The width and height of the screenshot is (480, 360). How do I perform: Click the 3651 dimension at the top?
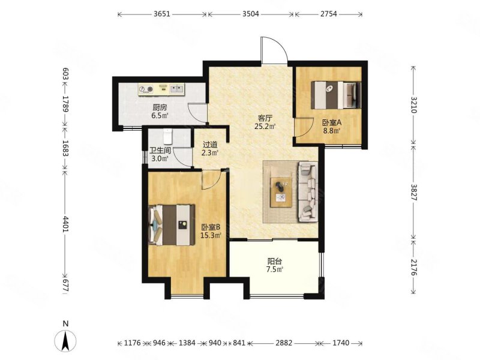tap(161, 14)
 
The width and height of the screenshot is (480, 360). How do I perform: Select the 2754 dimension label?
tap(328, 14)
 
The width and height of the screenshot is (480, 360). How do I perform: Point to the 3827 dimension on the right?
tap(413, 192)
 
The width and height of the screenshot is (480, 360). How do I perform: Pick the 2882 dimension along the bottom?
tap(284, 343)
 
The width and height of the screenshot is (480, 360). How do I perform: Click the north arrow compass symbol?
tap(65, 337)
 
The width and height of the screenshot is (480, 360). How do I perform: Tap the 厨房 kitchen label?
tap(160, 108)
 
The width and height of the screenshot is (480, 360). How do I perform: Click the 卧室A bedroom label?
tap(332, 123)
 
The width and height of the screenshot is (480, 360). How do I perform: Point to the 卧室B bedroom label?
tap(211, 227)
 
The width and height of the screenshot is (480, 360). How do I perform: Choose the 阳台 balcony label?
tap(274, 262)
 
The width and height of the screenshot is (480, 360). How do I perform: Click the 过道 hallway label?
tap(210, 145)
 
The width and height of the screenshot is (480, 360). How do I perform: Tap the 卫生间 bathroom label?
tap(160, 151)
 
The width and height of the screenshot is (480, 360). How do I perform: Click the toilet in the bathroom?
tap(168, 137)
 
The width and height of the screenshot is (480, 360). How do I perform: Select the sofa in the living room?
tap(307, 191)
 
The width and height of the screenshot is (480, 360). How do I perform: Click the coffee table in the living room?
tap(281, 193)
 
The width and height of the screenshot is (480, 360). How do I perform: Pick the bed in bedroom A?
tap(336, 95)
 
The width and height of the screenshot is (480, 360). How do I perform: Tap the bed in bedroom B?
tap(172, 225)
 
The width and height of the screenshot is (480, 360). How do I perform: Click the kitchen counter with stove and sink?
tap(161, 89)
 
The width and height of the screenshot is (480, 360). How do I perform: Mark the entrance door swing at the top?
tap(274, 50)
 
